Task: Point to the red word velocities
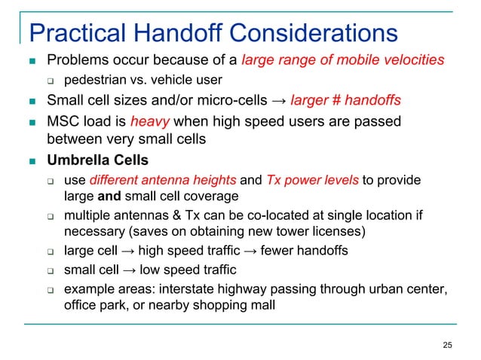tap(412, 59)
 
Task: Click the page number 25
tap(448, 345)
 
